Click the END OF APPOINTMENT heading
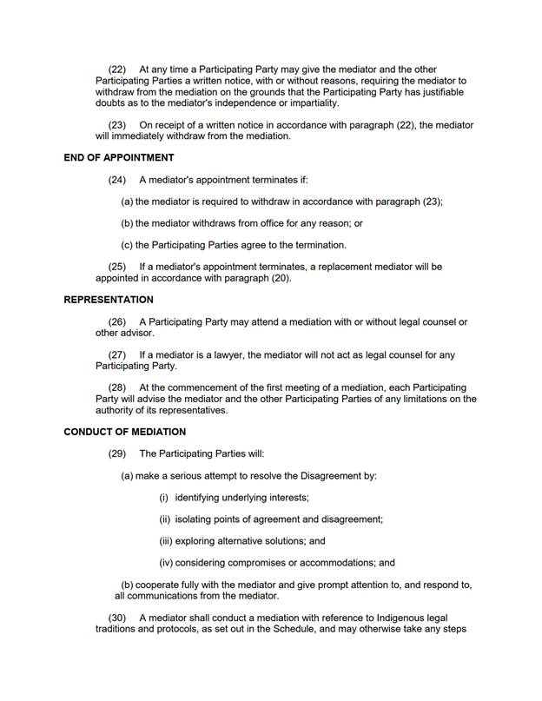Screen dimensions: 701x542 119,158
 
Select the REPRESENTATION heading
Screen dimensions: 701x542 109,301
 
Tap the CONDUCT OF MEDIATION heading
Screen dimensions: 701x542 124,432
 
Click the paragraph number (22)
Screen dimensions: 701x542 117,69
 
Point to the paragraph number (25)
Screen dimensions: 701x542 117,267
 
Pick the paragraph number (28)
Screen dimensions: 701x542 117,387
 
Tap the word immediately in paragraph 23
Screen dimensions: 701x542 141,136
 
